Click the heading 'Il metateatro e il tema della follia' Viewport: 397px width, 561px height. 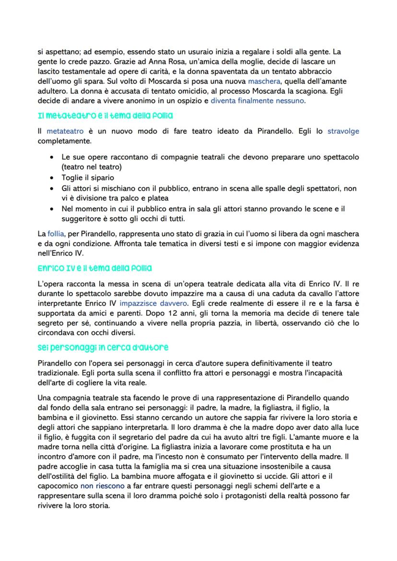[x=105, y=116]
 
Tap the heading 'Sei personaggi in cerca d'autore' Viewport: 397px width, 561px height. [x=103, y=347]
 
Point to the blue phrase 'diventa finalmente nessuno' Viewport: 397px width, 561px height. [x=258, y=101]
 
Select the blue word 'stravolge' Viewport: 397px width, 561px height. [x=343, y=131]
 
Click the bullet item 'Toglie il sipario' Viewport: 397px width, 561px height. [x=88, y=178]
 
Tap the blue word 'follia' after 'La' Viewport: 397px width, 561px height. [x=56, y=234]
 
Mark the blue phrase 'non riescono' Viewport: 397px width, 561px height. [x=102, y=485]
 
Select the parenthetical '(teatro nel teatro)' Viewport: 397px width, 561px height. [x=92, y=167]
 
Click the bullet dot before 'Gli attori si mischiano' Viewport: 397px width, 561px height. [x=52, y=188]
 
